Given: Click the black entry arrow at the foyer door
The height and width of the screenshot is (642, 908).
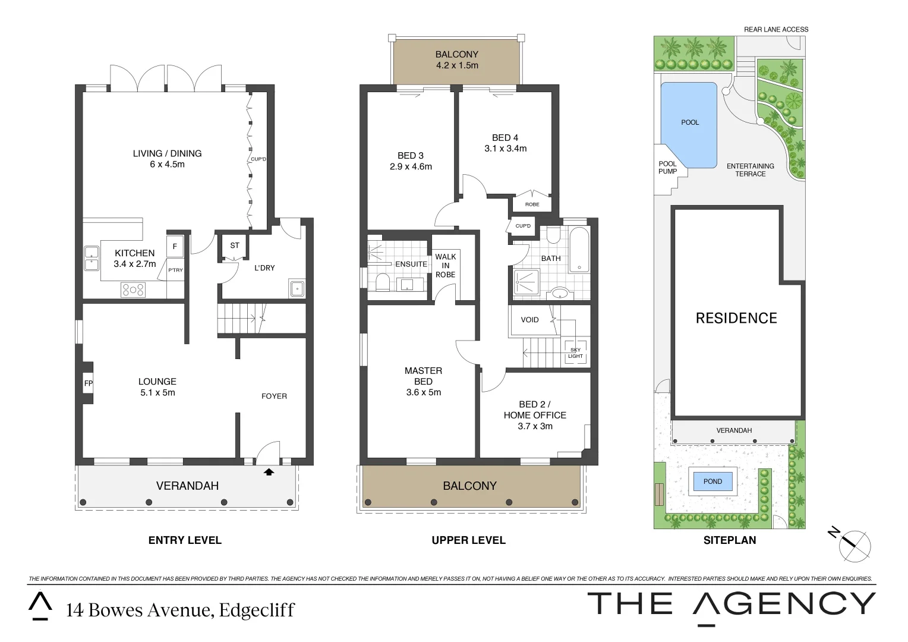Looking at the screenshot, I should click(x=269, y=472).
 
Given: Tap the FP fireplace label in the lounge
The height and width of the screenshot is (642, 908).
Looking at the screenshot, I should click(x=88, y=383).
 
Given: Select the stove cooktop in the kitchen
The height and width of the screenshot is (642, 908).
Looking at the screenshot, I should click(x=133, y=289).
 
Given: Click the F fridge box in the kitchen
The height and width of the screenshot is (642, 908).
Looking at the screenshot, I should click(x=175, y=247).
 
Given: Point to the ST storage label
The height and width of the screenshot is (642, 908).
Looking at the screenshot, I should click(x=235, y=246).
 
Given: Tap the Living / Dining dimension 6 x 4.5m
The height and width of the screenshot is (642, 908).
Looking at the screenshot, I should click(x=167, y=164).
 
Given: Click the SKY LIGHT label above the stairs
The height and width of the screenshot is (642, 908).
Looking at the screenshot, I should click(x=575, y=353).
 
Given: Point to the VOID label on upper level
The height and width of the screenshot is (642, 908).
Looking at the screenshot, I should click(x=529, y=320).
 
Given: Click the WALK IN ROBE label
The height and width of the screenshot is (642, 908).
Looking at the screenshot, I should click(x=445, y=266).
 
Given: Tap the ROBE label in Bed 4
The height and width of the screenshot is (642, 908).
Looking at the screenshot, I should click(x=532, y=204).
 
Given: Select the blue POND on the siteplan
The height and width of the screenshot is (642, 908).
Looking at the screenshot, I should click(x=712, y=481).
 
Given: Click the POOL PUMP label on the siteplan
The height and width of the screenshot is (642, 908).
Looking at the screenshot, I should click(x=667, y=168).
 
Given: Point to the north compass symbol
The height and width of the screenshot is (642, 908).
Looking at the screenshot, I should click(x=854, y=543).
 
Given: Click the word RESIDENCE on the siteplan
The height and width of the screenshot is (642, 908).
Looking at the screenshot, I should click(x=736, y=318).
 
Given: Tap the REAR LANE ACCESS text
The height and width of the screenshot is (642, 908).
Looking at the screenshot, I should click(x=776, y=29).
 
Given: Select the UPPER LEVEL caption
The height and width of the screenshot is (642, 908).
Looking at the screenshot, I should click(x=468, y=540).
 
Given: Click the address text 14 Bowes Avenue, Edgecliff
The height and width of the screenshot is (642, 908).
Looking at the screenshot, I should click(x=180, y=610).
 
